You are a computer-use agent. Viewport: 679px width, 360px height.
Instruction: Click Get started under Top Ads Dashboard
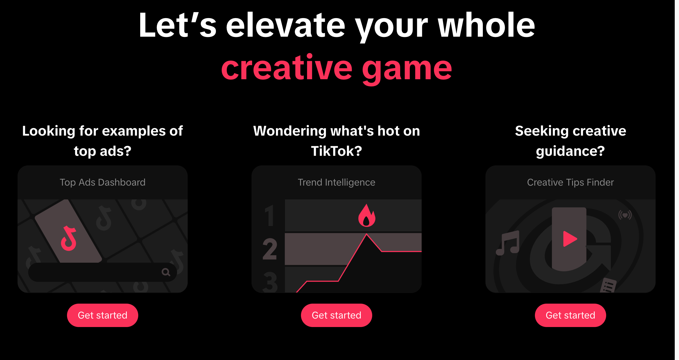pos(102,315)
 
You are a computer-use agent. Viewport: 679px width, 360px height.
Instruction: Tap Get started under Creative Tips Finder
pos(570,315)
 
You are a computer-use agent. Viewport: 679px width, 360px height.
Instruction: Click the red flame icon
pos(367,216)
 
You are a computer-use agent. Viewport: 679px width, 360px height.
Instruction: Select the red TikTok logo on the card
pos(69,238)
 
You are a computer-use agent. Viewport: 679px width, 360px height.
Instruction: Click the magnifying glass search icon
pos(166,272)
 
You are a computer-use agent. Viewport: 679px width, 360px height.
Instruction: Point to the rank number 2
pos(270,249)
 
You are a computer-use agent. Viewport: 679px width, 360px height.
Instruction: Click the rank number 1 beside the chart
pos(270,216)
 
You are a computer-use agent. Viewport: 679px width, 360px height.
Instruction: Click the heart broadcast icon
pos(625,215)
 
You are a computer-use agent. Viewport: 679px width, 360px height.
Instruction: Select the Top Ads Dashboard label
pos(102,182)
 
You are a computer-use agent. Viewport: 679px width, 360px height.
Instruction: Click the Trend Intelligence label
pos(336,182)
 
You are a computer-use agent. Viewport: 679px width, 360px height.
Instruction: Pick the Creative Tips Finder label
pos(570,182)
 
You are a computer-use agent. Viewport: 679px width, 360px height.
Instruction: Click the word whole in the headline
pos(486,25)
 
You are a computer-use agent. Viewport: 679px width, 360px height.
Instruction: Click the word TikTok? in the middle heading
pos(336,151)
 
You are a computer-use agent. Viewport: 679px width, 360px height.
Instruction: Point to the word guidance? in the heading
pos(570,151)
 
